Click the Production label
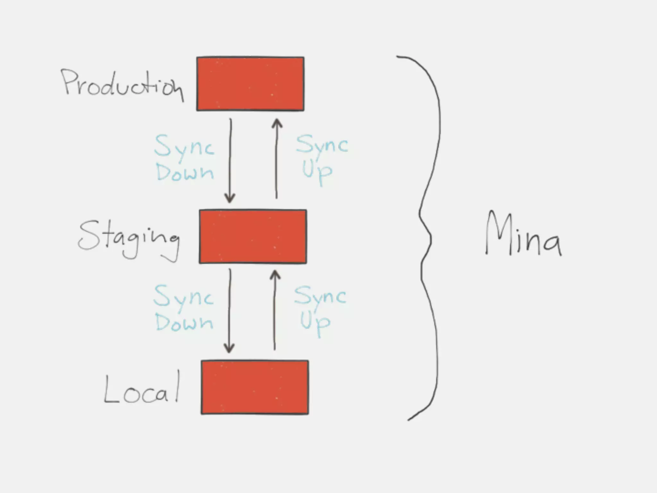pyautogui.click(x=122, y=84)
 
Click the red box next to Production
pyautogui.click(x=250, y=84)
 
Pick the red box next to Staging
pyautogui.click(x=253, y=237)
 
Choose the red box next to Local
pyautogui.click(x=255, y=387)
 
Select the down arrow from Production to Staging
pyautogui.click(x=230, y=160)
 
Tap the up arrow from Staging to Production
pyautogui.click(x=277, y=159)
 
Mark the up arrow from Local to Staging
pyautogui.click(x=275, y=310)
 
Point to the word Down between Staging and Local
pyautogui.click(x=184, y=322)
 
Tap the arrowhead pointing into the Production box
pyautogui.click(x=277, y=124)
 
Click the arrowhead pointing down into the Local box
pyautogui.click(x=229, y=348)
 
